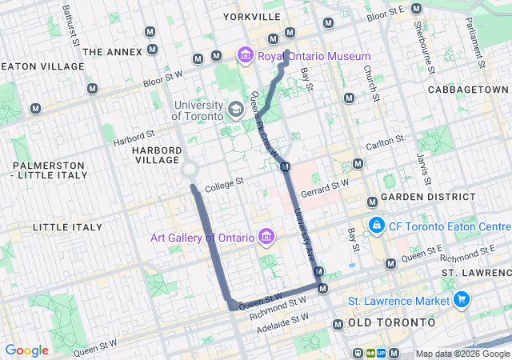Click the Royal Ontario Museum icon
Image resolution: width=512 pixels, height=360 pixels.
pos(245,56)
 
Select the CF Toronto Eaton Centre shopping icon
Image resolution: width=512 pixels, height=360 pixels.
pos(376,226)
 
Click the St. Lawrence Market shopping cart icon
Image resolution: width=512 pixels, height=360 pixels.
pos(461,301)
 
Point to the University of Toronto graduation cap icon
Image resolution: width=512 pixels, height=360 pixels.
pos(236,108)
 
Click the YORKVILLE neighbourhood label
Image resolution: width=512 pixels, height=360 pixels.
pos(252,16)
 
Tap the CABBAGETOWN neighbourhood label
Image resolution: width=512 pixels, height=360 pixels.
pos(468,89)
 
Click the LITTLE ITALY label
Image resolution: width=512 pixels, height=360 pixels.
pos(68,227)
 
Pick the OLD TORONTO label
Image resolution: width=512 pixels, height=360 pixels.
pos(392,322)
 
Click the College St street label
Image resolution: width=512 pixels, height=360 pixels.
pos(224,186)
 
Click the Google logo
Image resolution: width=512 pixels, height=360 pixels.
pos(26,350)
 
